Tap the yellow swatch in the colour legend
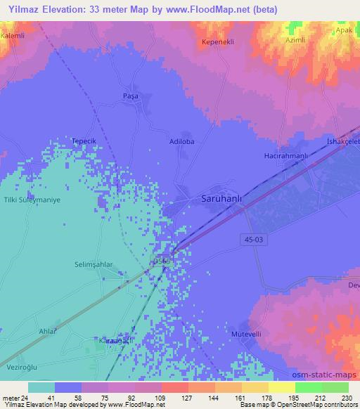click(281, 387)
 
